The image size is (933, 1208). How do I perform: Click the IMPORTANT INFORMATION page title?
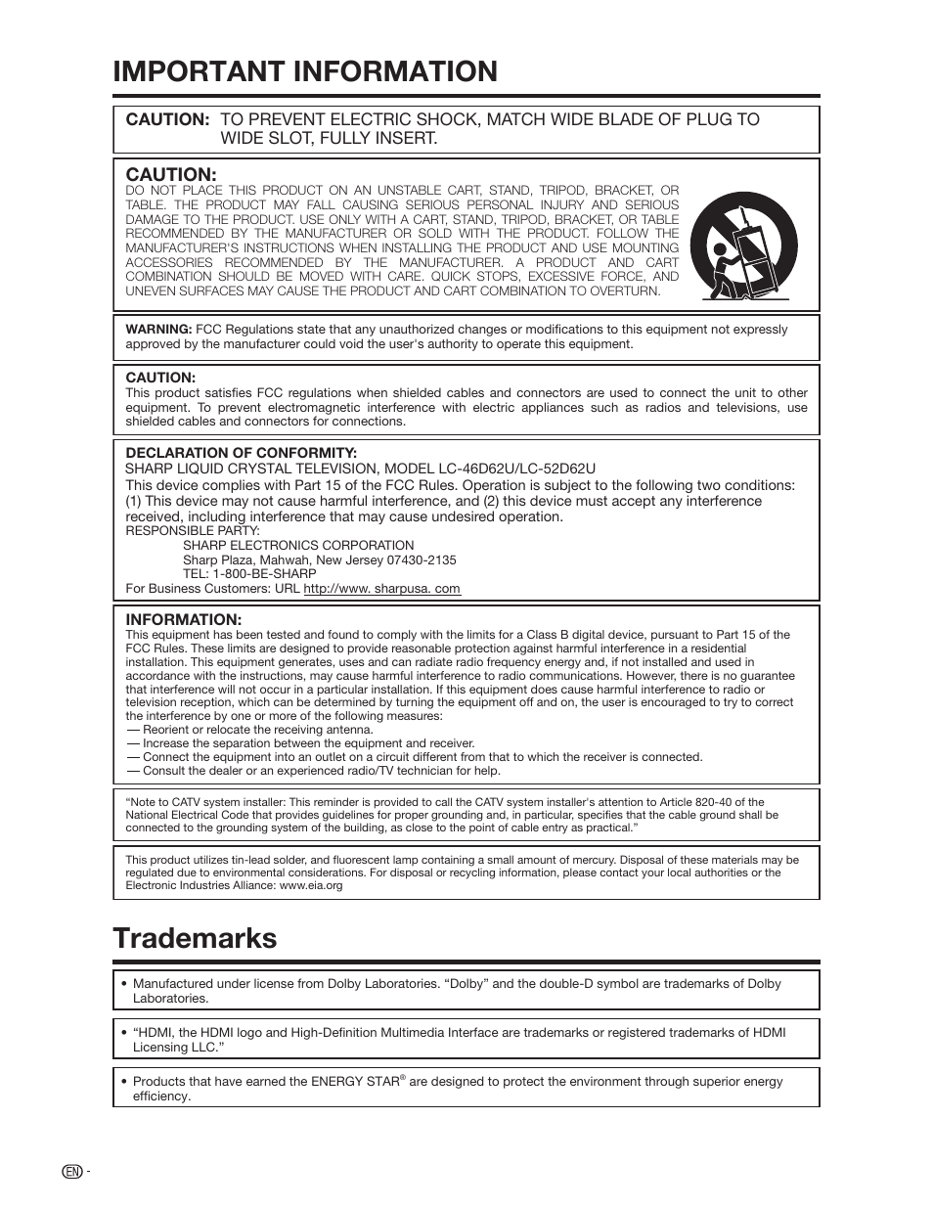click(x=304, y=71)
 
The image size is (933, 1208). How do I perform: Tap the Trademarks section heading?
click(x=195, y=938)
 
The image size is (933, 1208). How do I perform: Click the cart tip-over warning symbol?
click(x=743, y=245)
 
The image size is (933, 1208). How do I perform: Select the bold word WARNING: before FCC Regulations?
click(x=158, y=330)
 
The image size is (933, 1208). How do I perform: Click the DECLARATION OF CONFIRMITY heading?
click(x=241, y=453)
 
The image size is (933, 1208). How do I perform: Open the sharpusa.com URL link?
click(x=381, y=589)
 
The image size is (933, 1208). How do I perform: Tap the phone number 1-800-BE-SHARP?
click(x=264, y=574)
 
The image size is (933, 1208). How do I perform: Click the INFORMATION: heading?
click(x=183, y=620)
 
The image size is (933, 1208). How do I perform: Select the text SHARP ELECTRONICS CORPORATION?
click(x=298, y=545)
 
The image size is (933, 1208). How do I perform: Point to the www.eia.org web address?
click(x=311, y=885)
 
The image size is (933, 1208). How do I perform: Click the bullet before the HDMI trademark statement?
click(x=124, y=1033)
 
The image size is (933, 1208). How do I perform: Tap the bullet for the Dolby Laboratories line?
click(x=124, y=984)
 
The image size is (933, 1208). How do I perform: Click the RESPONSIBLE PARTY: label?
click(x=193, y=531)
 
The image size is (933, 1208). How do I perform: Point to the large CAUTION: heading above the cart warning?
click(x=171, y=174)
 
